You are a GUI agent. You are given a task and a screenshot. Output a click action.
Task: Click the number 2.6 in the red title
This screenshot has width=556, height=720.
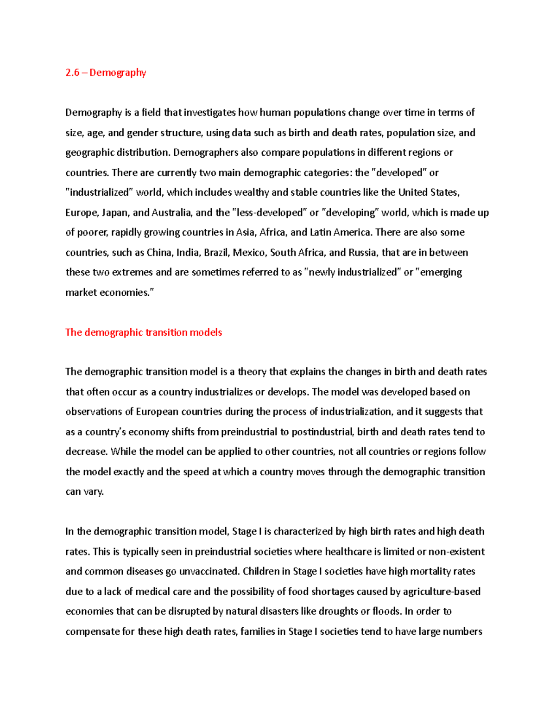click(x=72, y=73)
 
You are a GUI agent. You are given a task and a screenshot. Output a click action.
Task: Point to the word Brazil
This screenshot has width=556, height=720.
click(x=216, y=253)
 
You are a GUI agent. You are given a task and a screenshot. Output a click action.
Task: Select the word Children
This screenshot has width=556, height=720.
click(x=261, y=572)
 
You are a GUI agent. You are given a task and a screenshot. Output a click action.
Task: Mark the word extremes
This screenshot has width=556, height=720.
click(x=133, y=272)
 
